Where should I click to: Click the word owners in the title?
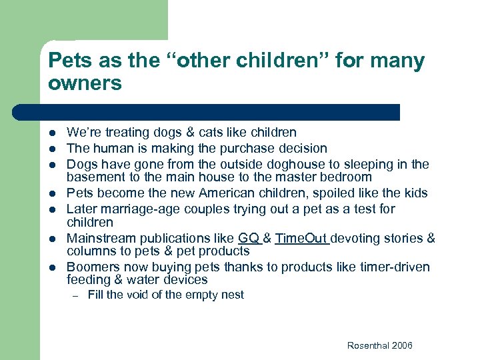click(x=85, y=84)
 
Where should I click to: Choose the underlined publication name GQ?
click(x=248, y=238)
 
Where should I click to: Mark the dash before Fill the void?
click(x=76, y=295)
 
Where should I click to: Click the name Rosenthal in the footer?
click(x=368, y=345)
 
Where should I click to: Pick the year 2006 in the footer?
click(x=401, y=345)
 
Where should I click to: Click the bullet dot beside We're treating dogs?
click(x=53, y=133)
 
